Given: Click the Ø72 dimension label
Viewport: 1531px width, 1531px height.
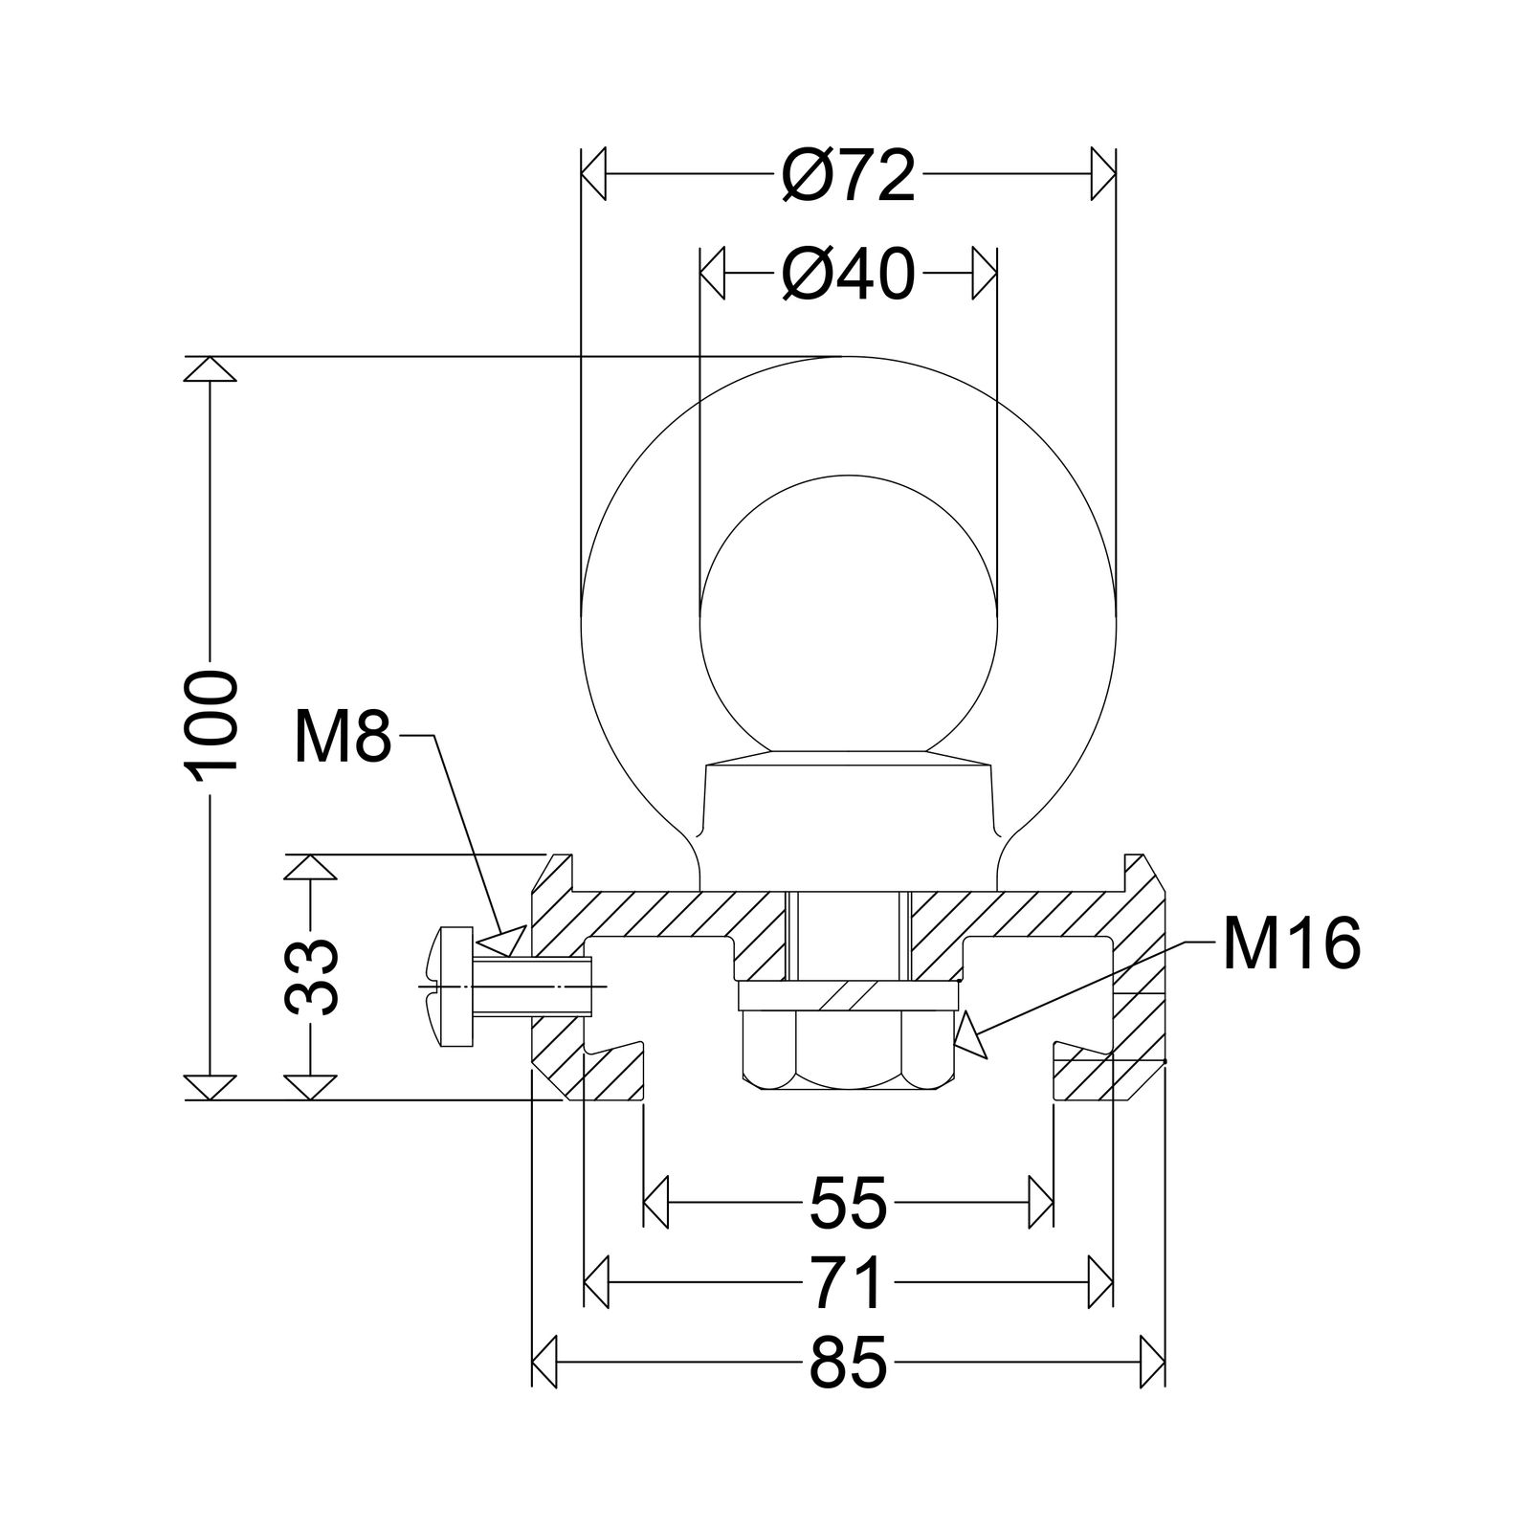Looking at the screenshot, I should coord(848,176).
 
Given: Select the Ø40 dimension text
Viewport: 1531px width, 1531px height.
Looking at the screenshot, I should coord(848,276).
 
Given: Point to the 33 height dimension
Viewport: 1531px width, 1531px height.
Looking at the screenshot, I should coord(312,976).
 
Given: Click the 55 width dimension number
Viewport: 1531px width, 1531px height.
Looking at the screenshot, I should coord(849,1203).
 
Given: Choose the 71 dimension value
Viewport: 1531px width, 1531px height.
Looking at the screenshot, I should coord(847,1284).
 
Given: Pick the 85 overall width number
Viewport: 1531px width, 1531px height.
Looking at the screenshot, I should coord(849,1365).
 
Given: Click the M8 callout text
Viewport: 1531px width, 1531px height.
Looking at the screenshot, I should coord(343,737).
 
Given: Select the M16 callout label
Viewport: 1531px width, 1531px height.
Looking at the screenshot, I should coord(1290,943).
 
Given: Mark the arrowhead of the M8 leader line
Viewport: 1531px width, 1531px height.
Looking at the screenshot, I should coord(505,941).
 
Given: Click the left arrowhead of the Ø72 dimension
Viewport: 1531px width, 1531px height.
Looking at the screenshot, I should coord(595,174).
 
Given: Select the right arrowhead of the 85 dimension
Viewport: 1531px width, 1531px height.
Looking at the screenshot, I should coord(1153,1363).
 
